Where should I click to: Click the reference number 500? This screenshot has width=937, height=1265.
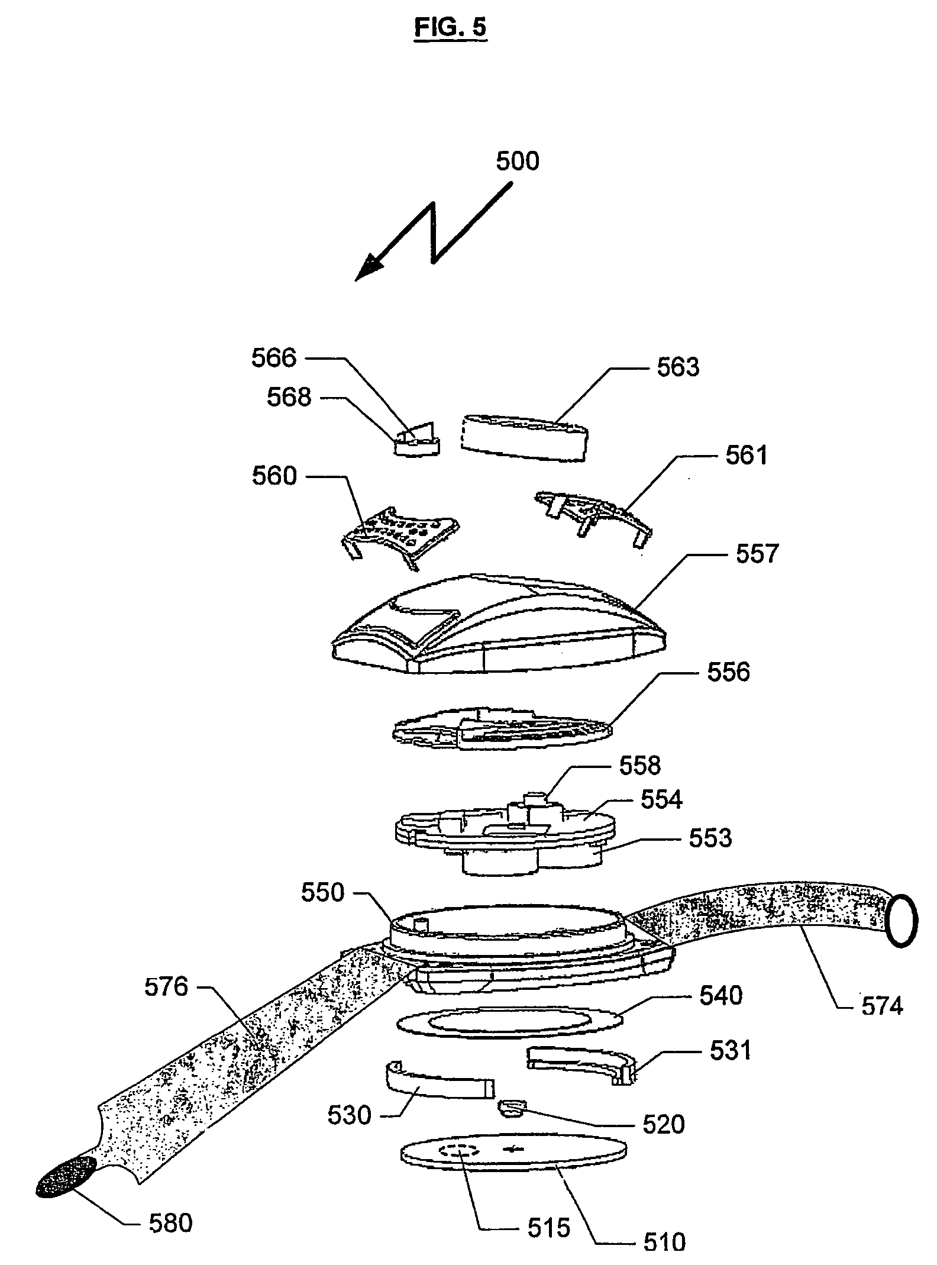click(517, 162)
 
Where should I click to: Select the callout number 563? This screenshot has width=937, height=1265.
click(678, 367)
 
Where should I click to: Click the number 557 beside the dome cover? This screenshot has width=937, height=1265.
click(758, 554)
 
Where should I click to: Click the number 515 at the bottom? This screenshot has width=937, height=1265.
click(548, 1228)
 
